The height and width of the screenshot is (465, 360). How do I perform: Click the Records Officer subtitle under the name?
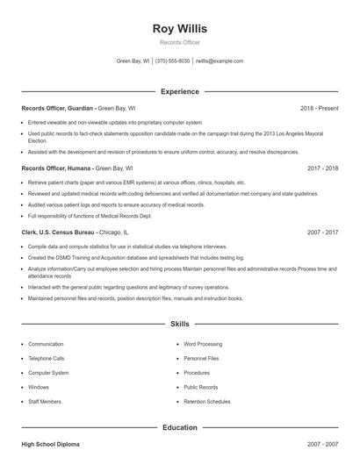coord(180,42)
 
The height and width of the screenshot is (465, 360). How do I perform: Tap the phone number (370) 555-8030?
coord(173,61)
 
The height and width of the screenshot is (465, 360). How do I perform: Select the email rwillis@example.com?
coord(220,61)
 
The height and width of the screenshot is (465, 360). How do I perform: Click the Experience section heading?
coord(180,91)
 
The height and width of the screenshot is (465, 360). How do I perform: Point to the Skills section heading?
coord(180,324)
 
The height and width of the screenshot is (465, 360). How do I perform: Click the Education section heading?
coord(180,427)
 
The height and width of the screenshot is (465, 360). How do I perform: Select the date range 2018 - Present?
coord(319,108)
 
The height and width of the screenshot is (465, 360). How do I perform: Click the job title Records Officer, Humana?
coord(55,167)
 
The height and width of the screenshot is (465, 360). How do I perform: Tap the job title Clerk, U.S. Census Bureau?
coord(58,232)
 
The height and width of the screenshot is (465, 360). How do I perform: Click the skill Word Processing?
coord(203,344)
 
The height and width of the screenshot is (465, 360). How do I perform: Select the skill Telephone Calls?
coord(47,358)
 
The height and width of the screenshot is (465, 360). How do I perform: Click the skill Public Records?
coord(201,386)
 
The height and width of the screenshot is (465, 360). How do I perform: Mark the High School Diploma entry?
coord(51,446)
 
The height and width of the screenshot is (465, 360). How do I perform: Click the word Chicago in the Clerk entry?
coord(111,232)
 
